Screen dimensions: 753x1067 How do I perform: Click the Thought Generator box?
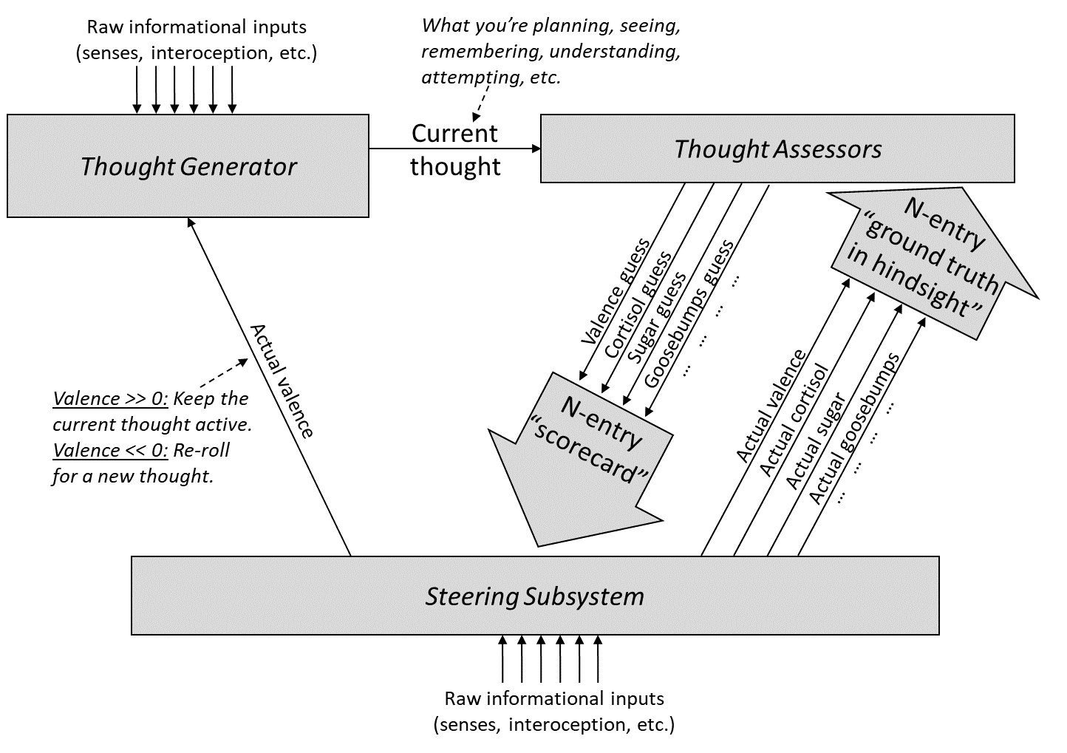click(188, 166)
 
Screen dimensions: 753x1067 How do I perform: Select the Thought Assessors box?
click(777, 149)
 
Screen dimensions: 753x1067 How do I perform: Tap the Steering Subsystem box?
click(534, 596)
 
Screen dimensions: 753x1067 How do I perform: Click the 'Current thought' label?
click(455, 150)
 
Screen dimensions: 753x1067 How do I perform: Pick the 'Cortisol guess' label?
click(638, 304)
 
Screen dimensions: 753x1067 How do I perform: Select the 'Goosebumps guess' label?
click(689, 314)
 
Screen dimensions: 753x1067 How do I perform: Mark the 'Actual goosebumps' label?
click(854, 429)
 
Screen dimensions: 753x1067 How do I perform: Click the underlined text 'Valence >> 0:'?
click(110, 399)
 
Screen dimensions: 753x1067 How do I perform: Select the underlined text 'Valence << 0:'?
click(110, 451)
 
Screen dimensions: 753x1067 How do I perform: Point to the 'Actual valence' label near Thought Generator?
click(282, 380)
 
